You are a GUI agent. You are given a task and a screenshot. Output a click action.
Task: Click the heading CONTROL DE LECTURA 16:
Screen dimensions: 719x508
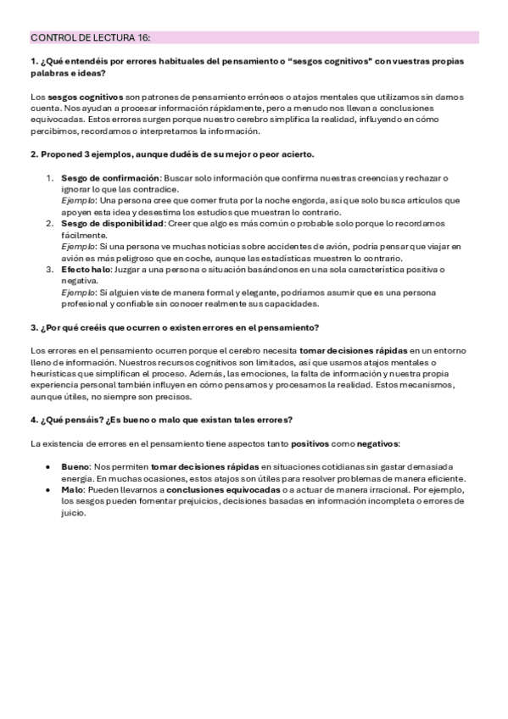tap(91, 37)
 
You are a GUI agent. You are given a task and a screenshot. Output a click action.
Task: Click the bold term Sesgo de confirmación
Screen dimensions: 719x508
tap(110, 178)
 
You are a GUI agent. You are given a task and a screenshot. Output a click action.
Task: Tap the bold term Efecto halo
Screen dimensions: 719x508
tap(85, 269)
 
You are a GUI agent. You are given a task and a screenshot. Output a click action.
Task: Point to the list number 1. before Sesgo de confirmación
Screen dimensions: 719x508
tap(50, 178)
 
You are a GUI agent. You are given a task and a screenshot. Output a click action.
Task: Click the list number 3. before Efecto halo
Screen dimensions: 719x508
tap(50, 269)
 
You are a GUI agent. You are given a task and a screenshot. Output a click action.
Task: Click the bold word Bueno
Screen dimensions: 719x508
tap(74, 466)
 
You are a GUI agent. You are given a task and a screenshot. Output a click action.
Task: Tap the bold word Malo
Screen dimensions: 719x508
tap(72, 489)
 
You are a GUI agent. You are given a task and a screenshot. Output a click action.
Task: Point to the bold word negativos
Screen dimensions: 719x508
tap(373, 443)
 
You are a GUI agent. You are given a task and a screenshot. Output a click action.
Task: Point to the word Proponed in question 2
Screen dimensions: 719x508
tap(60, 155)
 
